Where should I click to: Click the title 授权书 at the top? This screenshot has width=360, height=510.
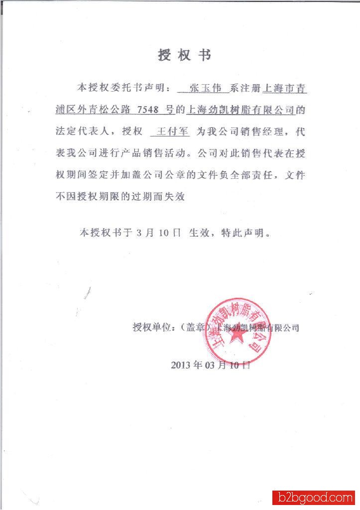point(184,55)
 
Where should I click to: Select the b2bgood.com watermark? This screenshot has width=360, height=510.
point(313,497)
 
